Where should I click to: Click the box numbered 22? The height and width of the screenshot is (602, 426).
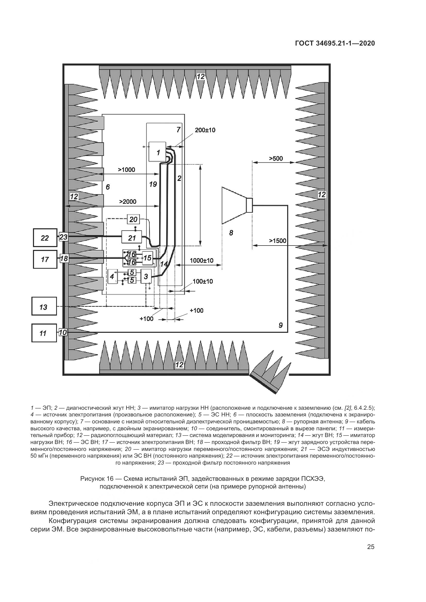pyautogui.click(x=45, y=238)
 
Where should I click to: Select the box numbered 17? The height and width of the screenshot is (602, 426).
pyautogui.click(x=45, y=259)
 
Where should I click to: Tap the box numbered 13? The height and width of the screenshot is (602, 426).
pyautogui.click(x=44, y=306)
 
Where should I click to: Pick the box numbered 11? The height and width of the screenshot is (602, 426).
pyautogui.click(x=44, y=333)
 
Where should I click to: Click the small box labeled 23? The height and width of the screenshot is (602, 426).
pyautogui.click(x=63, y=237)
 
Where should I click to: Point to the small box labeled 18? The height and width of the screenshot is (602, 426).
pyautogui.click(x=63, y=258)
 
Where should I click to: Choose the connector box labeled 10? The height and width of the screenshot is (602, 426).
pyautogui.click(x=63, y=333)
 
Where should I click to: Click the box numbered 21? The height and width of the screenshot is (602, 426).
pyautogui.click(x=132, y=238)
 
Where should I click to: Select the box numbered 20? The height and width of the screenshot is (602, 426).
pyautogui.click(x=133, y=219)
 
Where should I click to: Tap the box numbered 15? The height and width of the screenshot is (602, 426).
pyautogui.click(x=147, y=258)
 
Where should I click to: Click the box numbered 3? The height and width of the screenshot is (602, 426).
pyautogui.click(x=146, y=276)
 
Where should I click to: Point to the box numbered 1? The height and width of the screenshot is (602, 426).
pyautogui.click(x=157, y=152)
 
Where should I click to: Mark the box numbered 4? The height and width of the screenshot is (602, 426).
pyautogui.click(x=112, y=276)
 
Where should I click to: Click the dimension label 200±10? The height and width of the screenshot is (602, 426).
pyautogui.click(x=205, y=130)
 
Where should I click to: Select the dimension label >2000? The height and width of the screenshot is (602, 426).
pyautogui.click(x=128, y=201)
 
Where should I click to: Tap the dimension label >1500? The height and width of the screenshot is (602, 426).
pyautogui.click(x=278, y=241)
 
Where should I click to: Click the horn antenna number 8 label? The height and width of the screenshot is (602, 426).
pyautogui.click(x=231, y=233)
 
